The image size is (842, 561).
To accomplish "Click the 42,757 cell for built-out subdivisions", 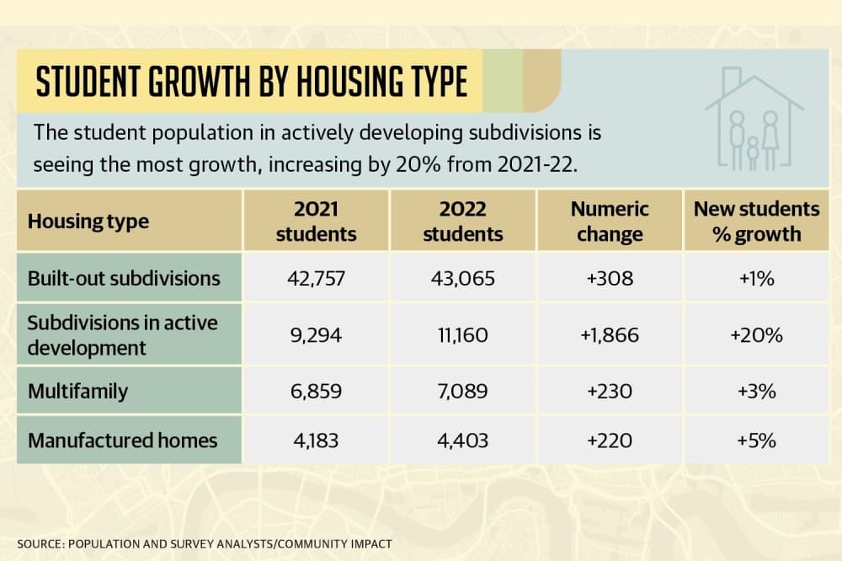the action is [316, 278].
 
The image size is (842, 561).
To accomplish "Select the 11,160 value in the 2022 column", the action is [462, 335].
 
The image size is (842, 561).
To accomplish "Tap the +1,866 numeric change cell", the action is [610, 335].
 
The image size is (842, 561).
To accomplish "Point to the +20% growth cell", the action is [756, 335].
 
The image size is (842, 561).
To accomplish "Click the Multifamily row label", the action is [77, 391].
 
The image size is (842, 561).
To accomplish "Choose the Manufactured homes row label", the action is [122, 441].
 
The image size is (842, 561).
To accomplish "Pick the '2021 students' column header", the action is [316, 221].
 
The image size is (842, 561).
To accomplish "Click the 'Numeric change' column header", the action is [610, 221].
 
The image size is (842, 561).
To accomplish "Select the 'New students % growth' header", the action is [756, 221].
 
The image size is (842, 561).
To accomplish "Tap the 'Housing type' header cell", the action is [88, 222].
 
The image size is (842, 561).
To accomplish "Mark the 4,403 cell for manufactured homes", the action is [462, 441].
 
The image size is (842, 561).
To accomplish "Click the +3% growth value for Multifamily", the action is [756, 391].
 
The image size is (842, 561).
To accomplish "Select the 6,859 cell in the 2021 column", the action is [316, 391].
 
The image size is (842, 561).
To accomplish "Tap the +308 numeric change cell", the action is [610, 278].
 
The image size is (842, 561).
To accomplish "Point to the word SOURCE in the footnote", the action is [40, 544].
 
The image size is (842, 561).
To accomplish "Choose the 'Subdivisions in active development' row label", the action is [122, 335].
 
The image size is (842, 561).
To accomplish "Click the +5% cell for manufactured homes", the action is [756, 441].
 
